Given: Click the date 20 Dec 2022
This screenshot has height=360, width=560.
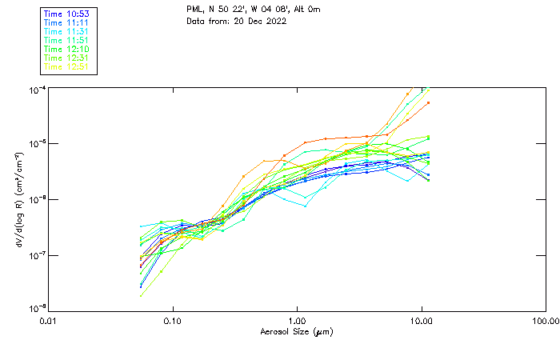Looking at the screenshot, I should coord(260,22).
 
